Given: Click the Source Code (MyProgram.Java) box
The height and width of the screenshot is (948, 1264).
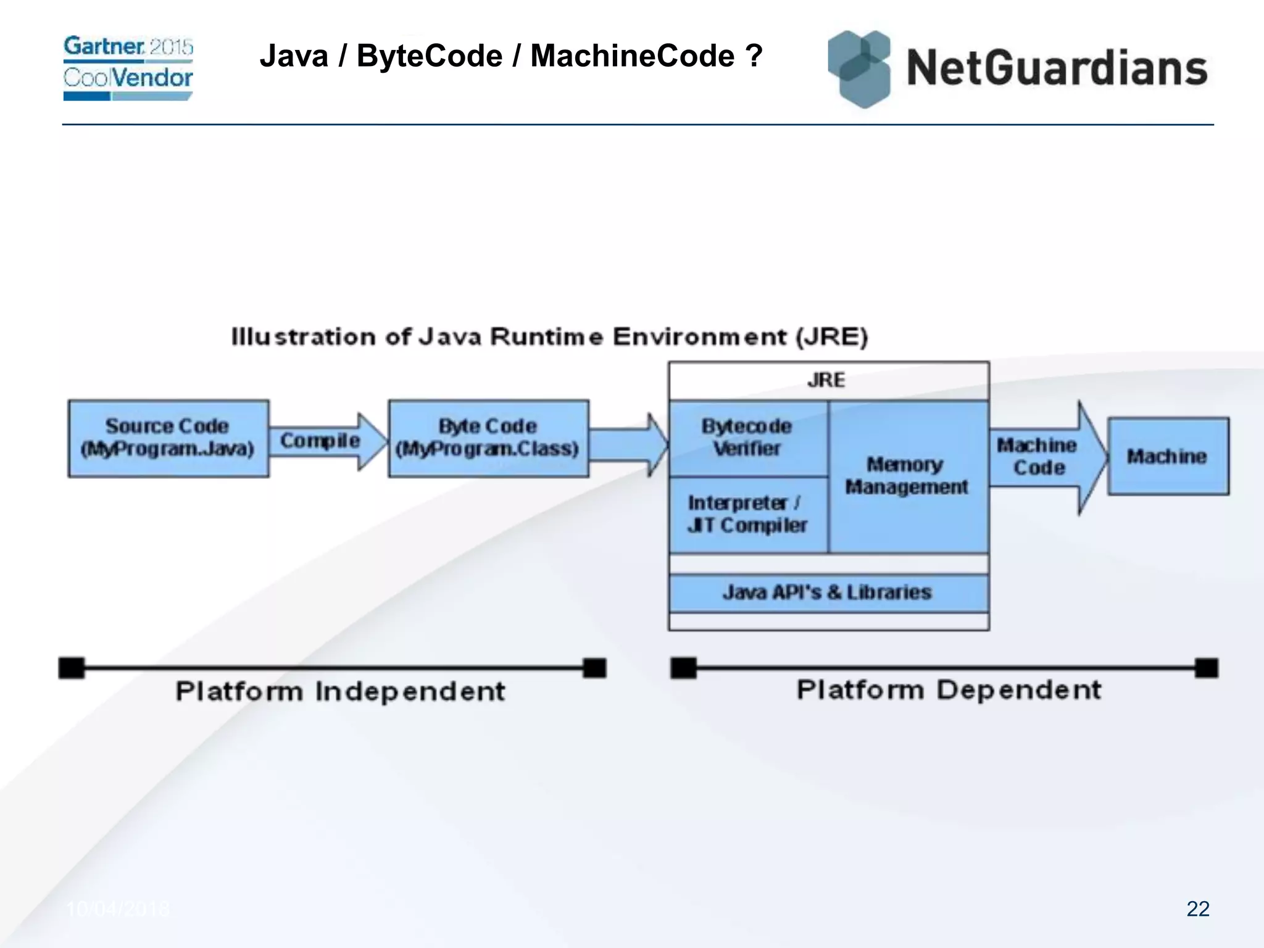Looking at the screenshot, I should click(168, 438).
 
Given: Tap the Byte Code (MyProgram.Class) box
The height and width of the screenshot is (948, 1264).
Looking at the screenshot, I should click(488, 438).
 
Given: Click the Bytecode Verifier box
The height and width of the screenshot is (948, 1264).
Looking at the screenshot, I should click(747, 438).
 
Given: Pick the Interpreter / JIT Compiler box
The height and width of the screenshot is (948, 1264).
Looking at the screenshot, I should click(747, 514).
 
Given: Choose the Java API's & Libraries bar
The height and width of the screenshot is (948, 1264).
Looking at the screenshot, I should click(828, 592).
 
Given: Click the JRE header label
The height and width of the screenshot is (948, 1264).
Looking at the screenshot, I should click(827, 380).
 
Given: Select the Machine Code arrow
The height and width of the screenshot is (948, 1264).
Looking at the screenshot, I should click(1040, 457).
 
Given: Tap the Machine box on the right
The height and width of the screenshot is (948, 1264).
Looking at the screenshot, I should click(1167, 457).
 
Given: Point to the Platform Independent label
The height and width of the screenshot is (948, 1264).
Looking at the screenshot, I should click(340, 691).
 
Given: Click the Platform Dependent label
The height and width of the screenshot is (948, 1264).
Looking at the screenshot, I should click(949, 690).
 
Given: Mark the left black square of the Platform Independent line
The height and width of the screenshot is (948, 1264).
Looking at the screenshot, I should click(72, 668).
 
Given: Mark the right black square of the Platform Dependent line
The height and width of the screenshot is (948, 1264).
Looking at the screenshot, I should click(1206, 668).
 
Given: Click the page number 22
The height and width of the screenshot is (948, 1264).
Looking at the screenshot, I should click(1197, 908).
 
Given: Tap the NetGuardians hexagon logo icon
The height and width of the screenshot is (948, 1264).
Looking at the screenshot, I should click(859, 68).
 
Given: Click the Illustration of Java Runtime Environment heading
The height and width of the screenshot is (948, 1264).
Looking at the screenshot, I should click(549, 337).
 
